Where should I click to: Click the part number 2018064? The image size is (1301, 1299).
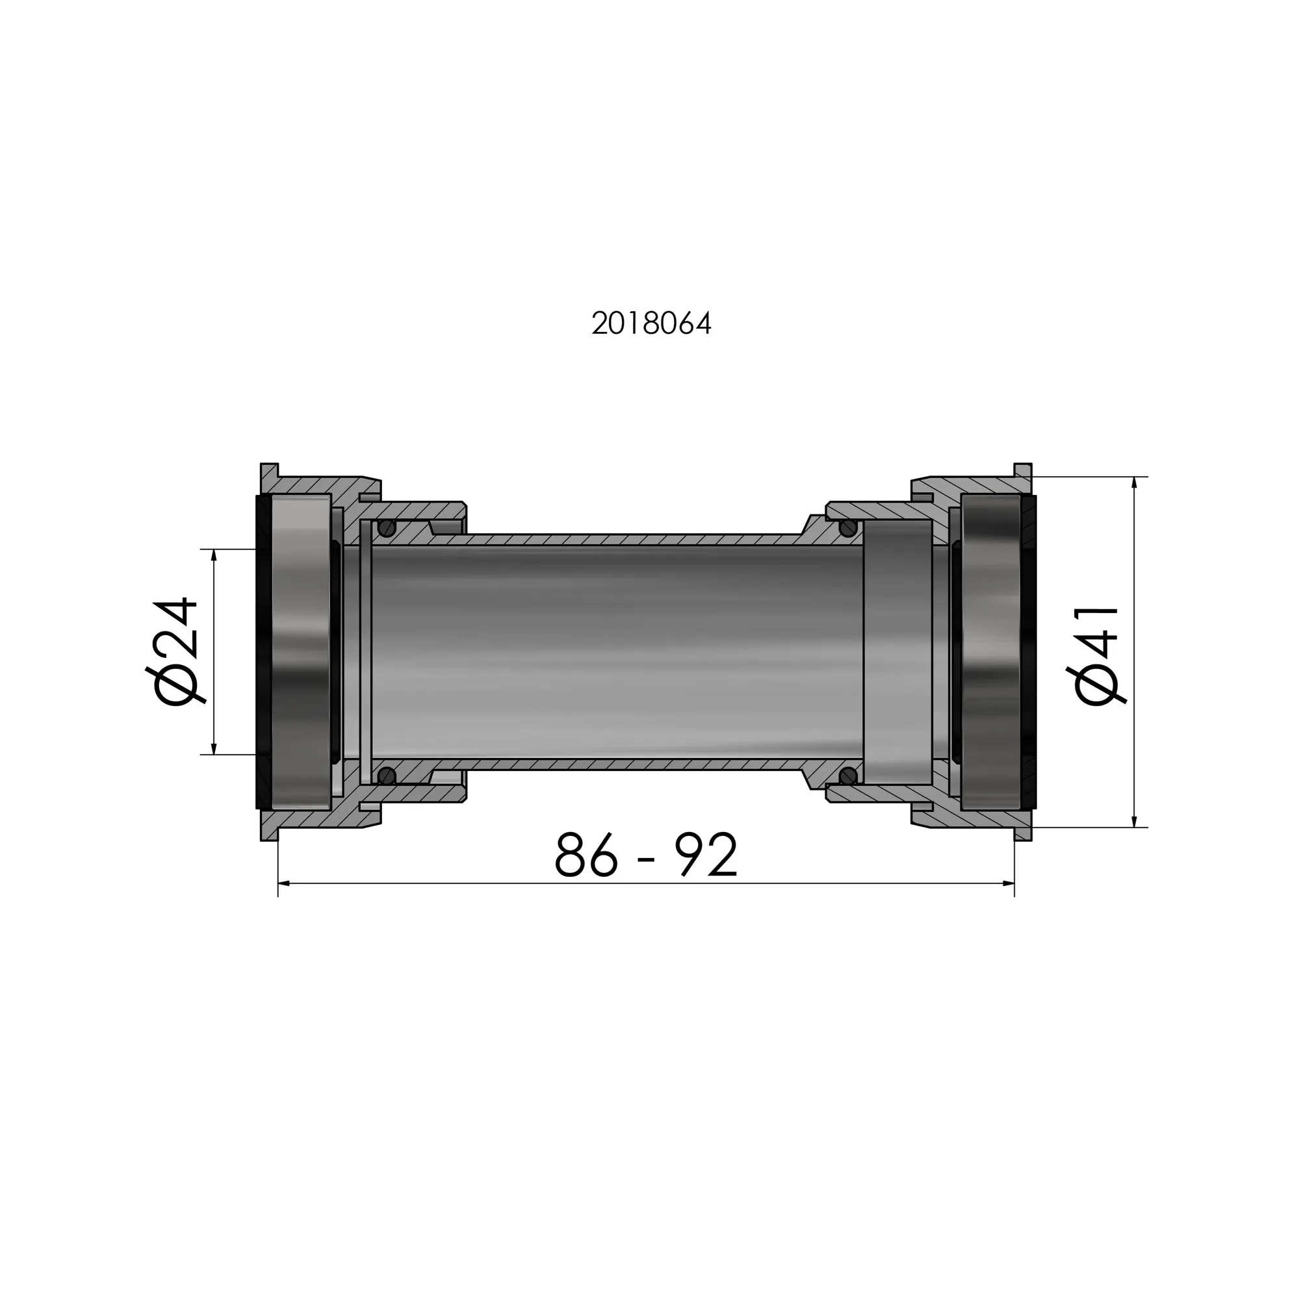click(x=651, y=324)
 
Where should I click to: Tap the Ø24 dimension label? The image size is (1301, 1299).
click(x=174, y=651)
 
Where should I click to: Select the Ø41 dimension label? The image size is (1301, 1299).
click(x=1096, y=655)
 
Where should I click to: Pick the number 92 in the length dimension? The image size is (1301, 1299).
click(x=709, y=855)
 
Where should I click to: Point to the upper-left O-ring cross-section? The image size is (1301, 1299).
click(x=387, y=528)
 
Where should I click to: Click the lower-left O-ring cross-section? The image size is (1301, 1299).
click(x=387, y=776)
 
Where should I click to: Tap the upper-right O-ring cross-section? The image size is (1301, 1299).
click(x=848, y=528)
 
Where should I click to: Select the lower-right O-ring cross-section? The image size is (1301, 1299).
click(x=848, y=776)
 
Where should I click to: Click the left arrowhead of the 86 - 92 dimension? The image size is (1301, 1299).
click(x=283, y=884)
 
